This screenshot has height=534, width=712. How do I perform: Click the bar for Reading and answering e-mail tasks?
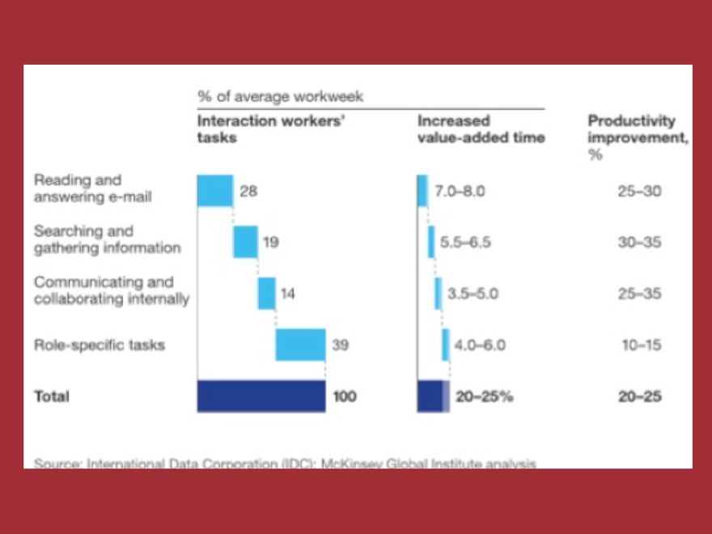pyautogui.click(x=215, y=191)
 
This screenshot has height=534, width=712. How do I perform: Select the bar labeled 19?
pyautogui.click(x=245, y=242)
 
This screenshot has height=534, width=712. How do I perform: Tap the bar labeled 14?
pyautogui.click(x=266, y=293)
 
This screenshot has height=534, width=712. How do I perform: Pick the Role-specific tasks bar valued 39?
pyautogui.click(x=300, y=345)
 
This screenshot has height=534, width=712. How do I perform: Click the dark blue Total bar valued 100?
pyautogui.click(x=261, y=396)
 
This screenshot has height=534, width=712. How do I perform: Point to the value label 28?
pyautogui.click(x=248, y=192)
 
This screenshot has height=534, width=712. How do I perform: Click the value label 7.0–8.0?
pyautogui.click(x=460, y=192)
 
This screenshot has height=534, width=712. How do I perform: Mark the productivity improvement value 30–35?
pyautogui.click(x=639, y=243)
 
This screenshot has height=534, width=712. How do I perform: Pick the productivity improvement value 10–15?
pyautogui.click(x=642, y=345)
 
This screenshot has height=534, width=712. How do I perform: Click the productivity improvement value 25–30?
pyautogui.click(x=639, y=192)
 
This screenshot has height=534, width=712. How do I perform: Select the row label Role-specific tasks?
pyautogui.click(x=99, y=345)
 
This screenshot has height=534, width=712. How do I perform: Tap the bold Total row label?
pyautogui.click(x=51, y=396)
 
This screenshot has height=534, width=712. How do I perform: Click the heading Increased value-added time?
pyautogui.click(x=481, y=129)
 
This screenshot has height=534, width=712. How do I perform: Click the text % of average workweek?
pyautogui.click(x=280, y=96)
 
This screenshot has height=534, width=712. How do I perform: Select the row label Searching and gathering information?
pyautogui.click(x=107, y=239)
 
